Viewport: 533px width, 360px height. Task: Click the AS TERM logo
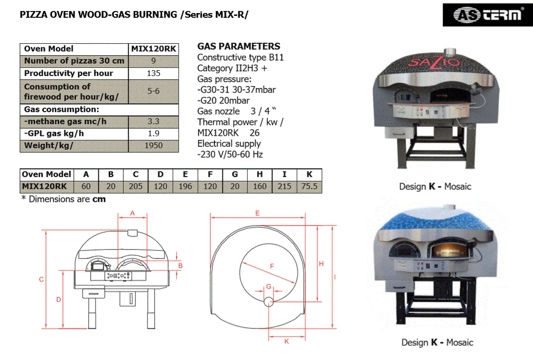pyautogui.click(x=488, y=15)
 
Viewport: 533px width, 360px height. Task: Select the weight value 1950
pyautogui.click(x=154, y=146)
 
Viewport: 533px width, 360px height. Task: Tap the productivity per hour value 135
pyautogui.click(x=154, y=73)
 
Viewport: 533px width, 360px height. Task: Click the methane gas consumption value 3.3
pyautogui.click(x=154, y=121)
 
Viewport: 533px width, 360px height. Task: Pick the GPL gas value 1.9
pyautogui.click(x=154, y=133)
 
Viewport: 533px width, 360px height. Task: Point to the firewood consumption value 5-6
pyautogui.click(x=154, y=91)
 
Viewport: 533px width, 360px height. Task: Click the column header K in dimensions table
pyautogui.click(x=309, y=175)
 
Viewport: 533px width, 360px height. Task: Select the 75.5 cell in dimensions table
pyautogui.click(x=309, y=187)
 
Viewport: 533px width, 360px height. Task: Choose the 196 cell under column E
pyautogui.click(x=185, y=187)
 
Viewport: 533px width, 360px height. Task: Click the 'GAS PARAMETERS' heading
pyautogui.click(x=239, y=46)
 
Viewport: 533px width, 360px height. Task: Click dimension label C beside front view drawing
pyautogui.click(x=41, y=280)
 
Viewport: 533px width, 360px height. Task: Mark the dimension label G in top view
pyautogui.click(x=269, y=287)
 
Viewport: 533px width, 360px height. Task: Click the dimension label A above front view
pyautogui.click(x=132, y=213)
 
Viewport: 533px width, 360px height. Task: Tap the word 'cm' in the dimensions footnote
pyautogui.click(x=99, y=199)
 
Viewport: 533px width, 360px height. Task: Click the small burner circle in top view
pyautogui.click(x=269, y=302)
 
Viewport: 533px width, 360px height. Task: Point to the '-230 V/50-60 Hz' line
pyautogui.click(x=230, y=154)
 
